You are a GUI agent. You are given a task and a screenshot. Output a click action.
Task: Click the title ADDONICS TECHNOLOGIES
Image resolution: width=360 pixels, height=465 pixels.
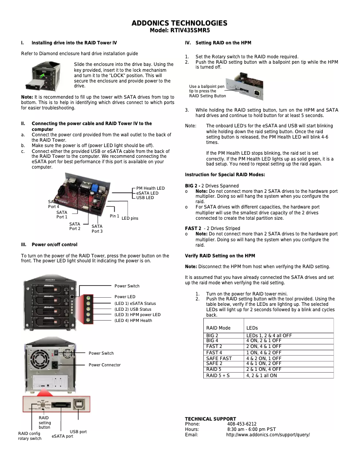pyautogui.click(x=180, y=23)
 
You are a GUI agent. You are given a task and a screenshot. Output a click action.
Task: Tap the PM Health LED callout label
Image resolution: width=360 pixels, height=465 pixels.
pyautogui.click(x=150, y=188)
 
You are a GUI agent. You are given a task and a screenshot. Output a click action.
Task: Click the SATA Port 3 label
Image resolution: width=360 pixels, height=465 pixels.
pyautogui.click(x=97, y=229)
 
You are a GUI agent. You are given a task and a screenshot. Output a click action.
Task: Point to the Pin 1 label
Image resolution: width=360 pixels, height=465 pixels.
pyautogui.click(x=114, y=216)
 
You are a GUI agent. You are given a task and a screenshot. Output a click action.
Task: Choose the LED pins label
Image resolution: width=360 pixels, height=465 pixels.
pyautogui.click(x=130, y=218)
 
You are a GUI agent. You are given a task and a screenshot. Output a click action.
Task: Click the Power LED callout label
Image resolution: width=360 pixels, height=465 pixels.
pyautogui.click(x=125, y=297)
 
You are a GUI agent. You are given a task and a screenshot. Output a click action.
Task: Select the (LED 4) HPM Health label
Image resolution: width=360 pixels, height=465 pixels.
pyautogui.click(x=133, y=321)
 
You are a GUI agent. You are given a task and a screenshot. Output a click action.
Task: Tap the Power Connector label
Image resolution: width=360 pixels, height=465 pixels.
pyautogui.click(x=105, y=365)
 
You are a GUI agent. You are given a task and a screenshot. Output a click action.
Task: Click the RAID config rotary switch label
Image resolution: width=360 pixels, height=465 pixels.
pyautogui.click(x=30, y=436)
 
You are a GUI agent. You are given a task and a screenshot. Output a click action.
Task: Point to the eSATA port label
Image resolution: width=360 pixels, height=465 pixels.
pyautogui.click(x=62, y=436)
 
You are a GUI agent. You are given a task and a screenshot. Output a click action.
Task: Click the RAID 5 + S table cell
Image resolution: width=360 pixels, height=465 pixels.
pyautogui.click(x=218, y=375)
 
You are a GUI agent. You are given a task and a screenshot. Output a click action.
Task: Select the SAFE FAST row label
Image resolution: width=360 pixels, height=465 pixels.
pyautogui.click(x=219, y=358)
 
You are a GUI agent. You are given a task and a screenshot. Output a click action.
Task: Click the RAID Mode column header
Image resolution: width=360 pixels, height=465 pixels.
pyautogui.click(x=218, y=328)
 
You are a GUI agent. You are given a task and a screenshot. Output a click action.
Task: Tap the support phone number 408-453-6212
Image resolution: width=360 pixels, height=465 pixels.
pyautogui.click(x=241, y=424)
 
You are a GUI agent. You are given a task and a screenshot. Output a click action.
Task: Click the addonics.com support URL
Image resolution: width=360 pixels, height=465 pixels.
pyautogui.click(x=268, y=435)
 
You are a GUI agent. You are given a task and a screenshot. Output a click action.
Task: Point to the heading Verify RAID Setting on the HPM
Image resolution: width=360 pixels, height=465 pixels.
pyautogui.click(x=220, y=256)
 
